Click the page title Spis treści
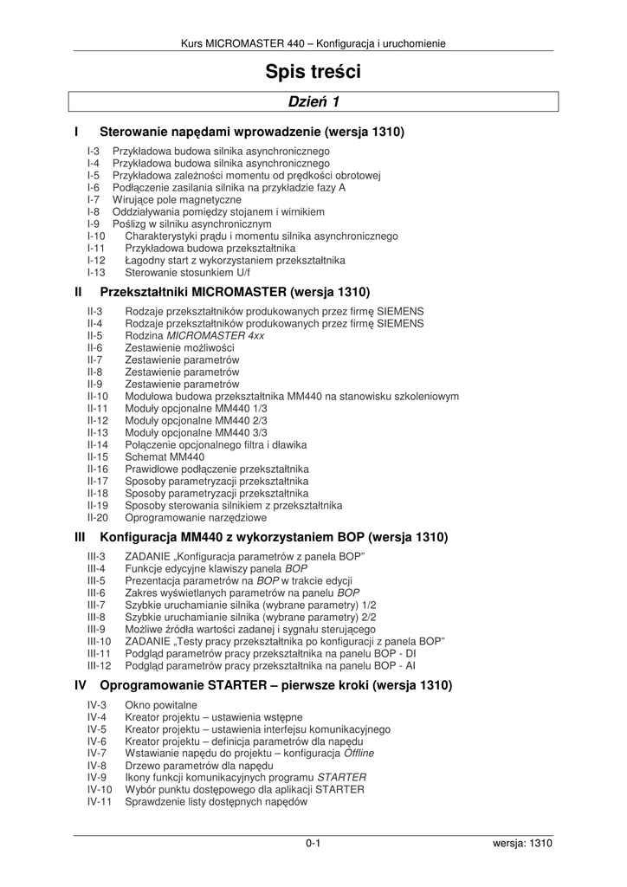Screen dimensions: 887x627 point(313,73)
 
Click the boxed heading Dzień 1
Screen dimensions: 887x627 point(313,102)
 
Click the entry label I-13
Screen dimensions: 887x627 point(96,272)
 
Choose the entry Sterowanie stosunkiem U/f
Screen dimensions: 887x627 point(181,272)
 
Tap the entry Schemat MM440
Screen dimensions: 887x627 point(165,456)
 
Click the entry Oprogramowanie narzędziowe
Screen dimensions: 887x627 point(196,517)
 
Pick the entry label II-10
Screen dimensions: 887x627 point(98,396)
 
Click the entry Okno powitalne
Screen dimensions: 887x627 point(161,705)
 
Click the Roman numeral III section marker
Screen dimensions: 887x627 point(82,537)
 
